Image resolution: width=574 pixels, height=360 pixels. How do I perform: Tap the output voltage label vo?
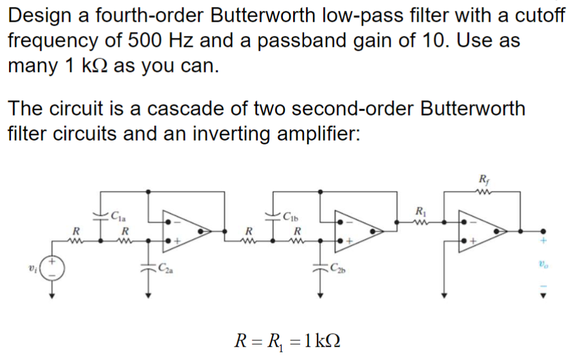click(x=543, y=264)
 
